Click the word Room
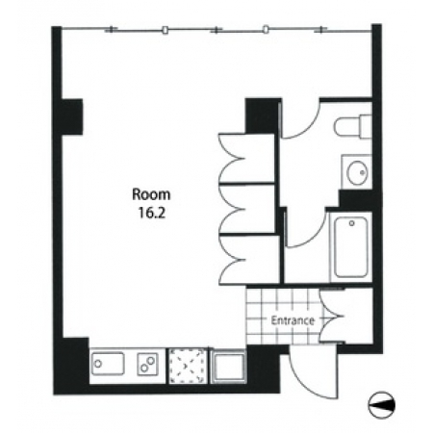(151, 194)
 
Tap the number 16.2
(151, 213)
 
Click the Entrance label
(293, 320)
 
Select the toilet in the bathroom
(353, 126)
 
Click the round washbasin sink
(358, 172)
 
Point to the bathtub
(351, 247)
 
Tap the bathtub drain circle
(351, 223)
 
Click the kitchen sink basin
(108, 364)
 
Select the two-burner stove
(148, 365)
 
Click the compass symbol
(381, 405)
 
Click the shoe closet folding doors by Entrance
(330, 317)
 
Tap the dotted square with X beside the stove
(188, 366)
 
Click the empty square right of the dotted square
(228, 366)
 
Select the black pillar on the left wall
(71, 116)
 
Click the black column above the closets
(263, 115)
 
